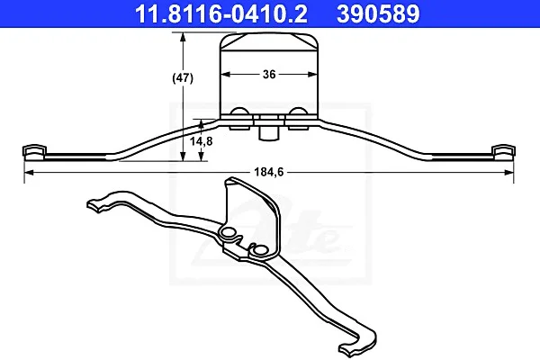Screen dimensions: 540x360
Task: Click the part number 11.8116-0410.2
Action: (221, 13)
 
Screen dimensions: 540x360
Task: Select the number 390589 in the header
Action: (378, 13)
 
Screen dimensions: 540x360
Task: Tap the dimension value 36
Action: (269, 74)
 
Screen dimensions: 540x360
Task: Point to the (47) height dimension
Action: (183, 78)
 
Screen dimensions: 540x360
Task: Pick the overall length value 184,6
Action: (269, 172)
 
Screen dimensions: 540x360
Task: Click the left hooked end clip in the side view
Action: (34, 152)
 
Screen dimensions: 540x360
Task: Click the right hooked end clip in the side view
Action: (504, 152)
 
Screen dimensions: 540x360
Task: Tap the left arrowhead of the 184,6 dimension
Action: (29, 172)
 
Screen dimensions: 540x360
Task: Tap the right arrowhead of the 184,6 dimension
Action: (509, 172)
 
